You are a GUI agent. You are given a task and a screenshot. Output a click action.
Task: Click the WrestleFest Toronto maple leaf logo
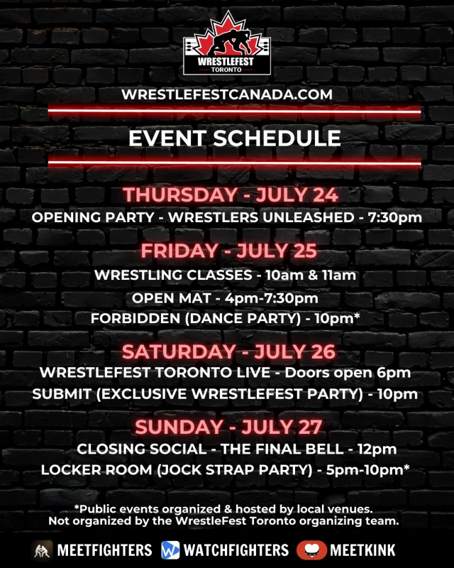point(227,43)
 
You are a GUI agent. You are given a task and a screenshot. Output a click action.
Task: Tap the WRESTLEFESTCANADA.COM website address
point(227,94)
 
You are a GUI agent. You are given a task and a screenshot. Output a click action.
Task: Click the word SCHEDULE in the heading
point(277,138)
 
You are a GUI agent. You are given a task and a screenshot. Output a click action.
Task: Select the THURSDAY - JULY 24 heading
point(231,195)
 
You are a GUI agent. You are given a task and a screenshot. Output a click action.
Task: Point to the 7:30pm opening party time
point(395,217)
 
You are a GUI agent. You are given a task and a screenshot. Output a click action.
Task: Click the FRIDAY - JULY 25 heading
point(229,251)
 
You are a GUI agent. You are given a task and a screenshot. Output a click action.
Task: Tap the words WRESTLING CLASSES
point(173,275)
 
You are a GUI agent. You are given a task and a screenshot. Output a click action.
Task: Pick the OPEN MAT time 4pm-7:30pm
point(272,298)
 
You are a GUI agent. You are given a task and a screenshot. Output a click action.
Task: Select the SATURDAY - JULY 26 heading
point(229,351)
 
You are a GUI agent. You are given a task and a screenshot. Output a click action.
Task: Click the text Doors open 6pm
point(348,373)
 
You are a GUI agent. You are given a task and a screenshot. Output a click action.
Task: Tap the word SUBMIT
point(62,394)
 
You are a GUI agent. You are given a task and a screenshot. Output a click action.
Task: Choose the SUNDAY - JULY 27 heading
point(228,427)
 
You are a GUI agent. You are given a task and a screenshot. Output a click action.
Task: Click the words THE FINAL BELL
point(282,449)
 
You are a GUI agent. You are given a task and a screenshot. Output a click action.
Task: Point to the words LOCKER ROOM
point(96,470)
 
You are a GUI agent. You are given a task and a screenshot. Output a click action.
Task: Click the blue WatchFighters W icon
point(170,550)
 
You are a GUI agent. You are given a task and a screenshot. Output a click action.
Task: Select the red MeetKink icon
point(311,550)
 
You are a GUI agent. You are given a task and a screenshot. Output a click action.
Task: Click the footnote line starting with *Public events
point(223,509)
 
